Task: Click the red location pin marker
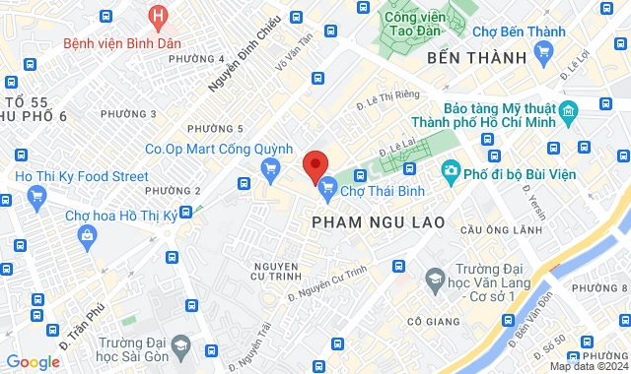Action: pos(315,165)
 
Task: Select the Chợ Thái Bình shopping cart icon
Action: pos(328,184)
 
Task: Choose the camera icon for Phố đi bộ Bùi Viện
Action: pos(451,171)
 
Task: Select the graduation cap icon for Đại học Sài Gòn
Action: pos(180,346)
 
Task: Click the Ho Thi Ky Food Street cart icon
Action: pos(36,195)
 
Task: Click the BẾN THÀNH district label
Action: pos(478,58)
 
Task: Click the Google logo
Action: pos(33,361)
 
